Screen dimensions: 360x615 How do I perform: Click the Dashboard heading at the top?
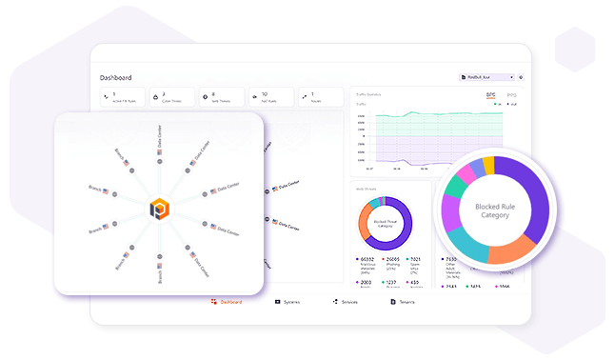click(x=115, y=77)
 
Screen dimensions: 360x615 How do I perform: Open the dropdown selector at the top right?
click(x=486, y=77)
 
